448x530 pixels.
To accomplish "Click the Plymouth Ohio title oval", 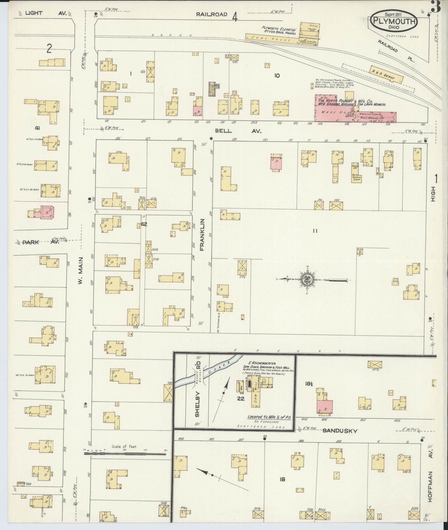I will coord(394,21).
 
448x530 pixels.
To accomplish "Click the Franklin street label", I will coord(203,234).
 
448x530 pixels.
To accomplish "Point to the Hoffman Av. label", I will coord(431,486).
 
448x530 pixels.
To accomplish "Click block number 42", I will coord(144,224).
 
